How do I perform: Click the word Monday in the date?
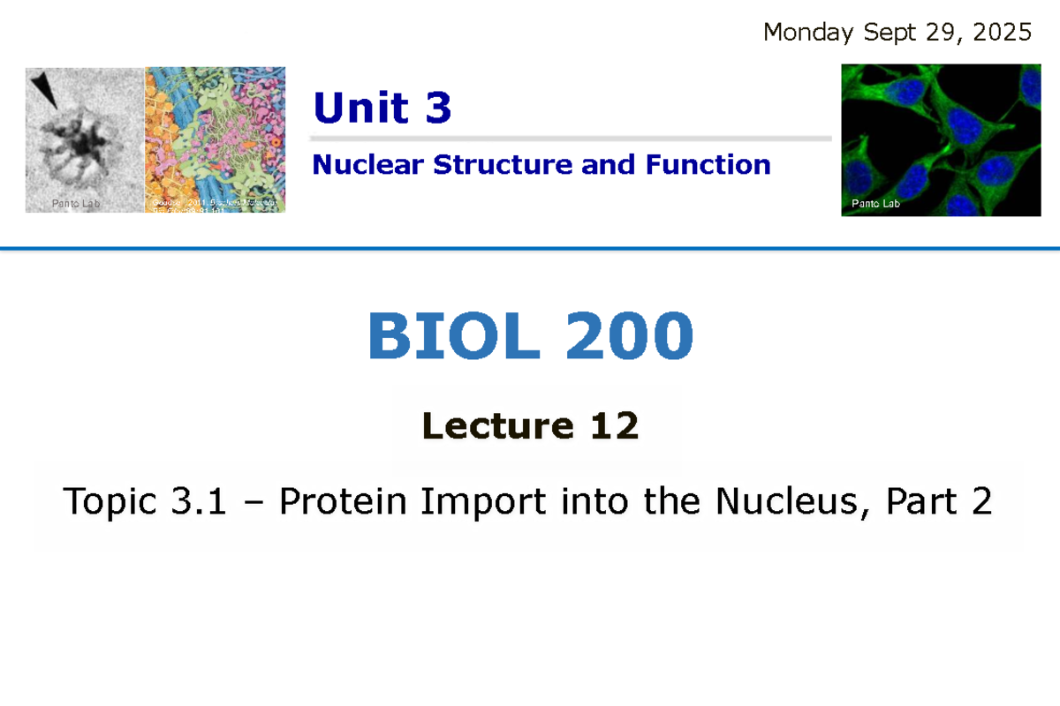[807, 34]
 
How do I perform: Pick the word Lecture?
[496, 427]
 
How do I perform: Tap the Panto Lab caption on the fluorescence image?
[874, 204]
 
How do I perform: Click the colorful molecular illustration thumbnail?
[215, 139]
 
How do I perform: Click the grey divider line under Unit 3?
[571, 139]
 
